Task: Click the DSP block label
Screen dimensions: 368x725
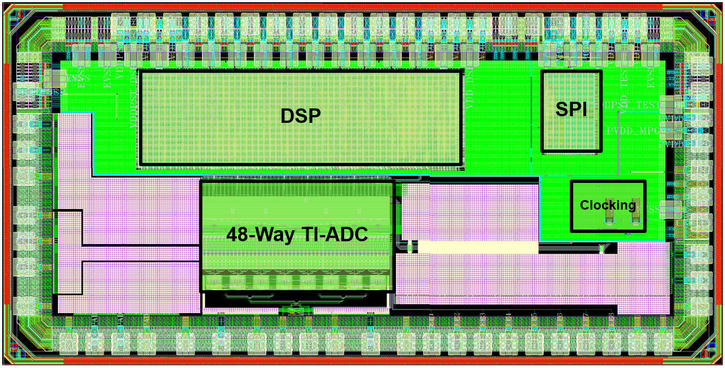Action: (301, 116)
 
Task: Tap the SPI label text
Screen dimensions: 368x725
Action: (571, 110)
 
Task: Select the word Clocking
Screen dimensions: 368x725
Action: (608, 205)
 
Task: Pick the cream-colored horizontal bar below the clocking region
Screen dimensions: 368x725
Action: (478, 247)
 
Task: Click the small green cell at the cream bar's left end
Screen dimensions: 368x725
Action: (411, 247)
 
